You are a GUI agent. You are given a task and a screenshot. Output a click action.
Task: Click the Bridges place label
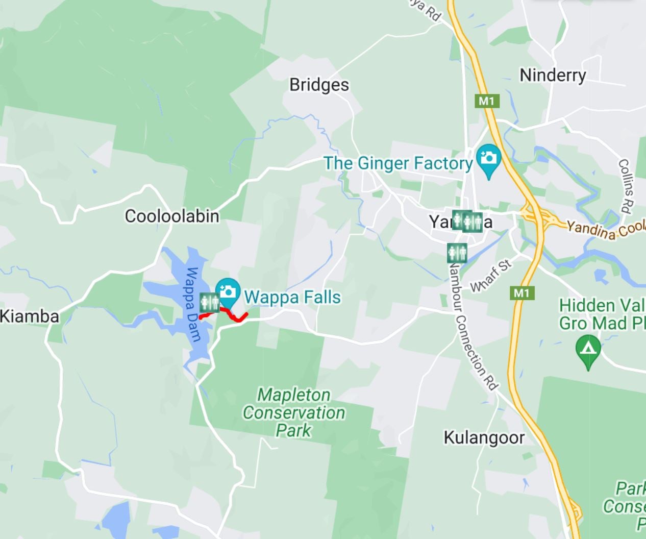click(319, 85)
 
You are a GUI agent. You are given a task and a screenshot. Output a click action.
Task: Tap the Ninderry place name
click(553, 76)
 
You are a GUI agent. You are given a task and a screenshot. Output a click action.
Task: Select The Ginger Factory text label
click(398, 163)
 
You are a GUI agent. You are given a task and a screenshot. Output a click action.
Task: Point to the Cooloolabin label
click(172, 216)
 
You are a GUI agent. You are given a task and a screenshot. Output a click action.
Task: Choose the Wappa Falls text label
click(292, 297)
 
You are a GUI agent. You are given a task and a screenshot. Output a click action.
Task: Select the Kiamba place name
click(30, 316)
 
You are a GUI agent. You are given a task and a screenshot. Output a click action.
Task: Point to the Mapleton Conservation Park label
click(293, 412)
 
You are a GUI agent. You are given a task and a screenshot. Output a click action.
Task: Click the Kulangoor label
click(484, 437)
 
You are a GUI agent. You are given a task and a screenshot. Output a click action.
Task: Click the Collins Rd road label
click(625, 185)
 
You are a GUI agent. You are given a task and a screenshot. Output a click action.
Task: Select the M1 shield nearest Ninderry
click(486, 101)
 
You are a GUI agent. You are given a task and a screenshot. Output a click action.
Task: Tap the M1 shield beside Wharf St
click(521, 293)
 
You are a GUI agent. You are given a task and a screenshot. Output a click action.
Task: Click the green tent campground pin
click(588, 350)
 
